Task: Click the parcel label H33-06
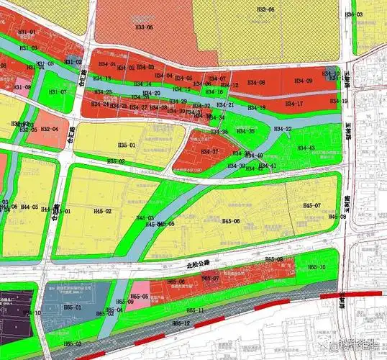266,10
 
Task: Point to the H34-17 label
294,104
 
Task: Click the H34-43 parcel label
307,148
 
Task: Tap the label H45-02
102,211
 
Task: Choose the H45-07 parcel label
311,206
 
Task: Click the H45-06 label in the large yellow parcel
232,220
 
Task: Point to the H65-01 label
73,307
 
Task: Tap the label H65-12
181,325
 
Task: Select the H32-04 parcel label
50,129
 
